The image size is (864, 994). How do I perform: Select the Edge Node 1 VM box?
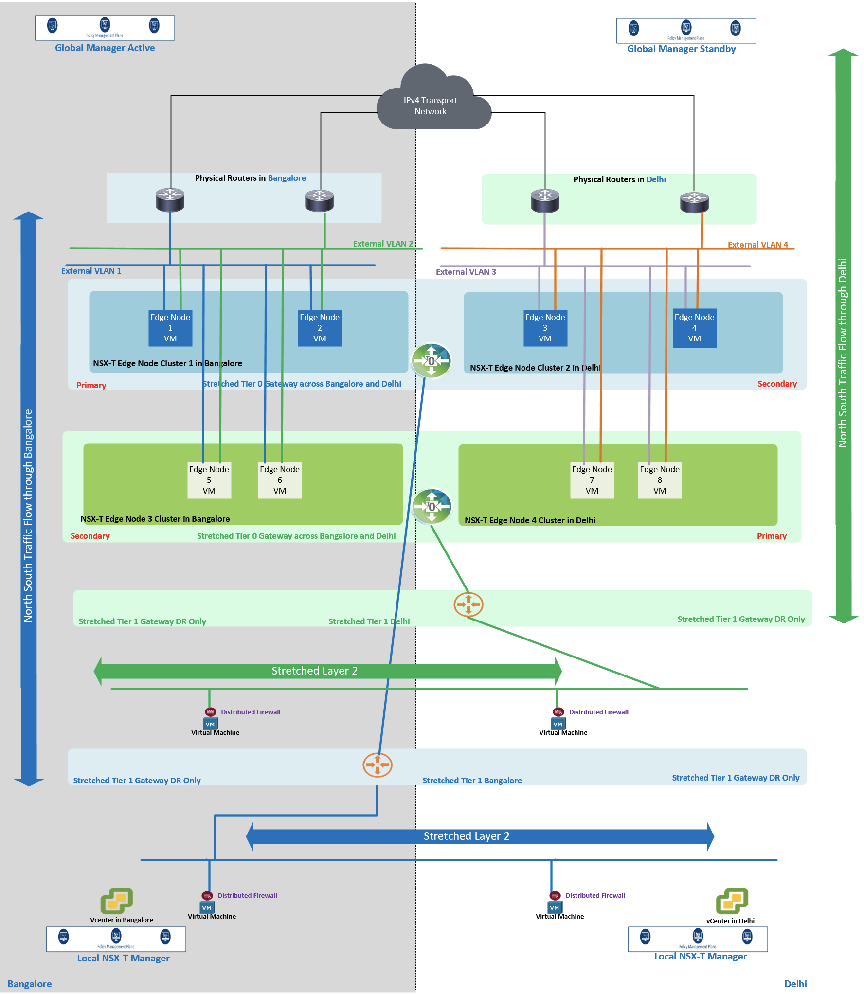pos(170,328)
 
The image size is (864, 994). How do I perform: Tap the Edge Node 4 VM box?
pos(694,328)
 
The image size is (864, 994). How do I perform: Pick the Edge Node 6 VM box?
pos(280,480)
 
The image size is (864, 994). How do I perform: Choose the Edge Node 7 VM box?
pos(592,480)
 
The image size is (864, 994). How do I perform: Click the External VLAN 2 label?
pos(383,244)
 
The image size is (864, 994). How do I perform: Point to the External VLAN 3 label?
pos(466,272)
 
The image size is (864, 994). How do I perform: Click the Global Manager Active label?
pos(105,48)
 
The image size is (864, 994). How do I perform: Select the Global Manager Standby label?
pos(681,49)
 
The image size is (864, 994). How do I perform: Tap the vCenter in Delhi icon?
pos(732,901)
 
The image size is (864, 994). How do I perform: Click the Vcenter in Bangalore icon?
pos(116,901)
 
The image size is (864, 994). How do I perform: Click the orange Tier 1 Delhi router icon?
pos(468,604)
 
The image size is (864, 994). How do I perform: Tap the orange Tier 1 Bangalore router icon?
pos(378,765)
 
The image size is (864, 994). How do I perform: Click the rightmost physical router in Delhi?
pos(694,202)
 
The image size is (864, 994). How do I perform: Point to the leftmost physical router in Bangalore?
pos(170,200)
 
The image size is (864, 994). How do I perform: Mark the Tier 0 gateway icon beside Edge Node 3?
pos(431,361)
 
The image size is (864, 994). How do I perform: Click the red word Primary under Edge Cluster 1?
pos(91,385)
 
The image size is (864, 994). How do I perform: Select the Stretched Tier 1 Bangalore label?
pos(472,781)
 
